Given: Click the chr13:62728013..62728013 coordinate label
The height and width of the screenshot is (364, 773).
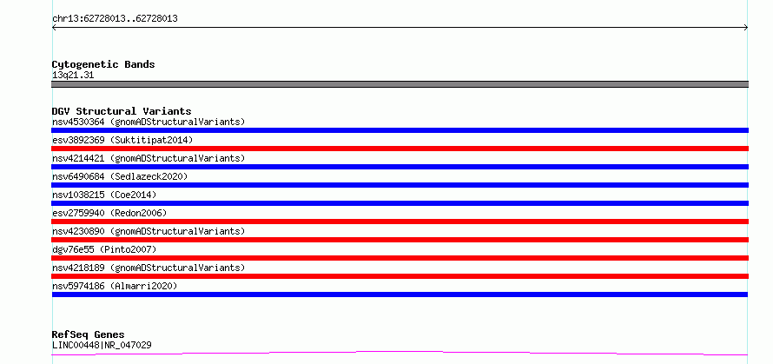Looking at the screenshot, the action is coord(115,19).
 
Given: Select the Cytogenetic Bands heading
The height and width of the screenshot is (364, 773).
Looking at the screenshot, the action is coord(103,64).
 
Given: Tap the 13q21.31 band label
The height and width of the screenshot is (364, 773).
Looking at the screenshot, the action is coord(73,76).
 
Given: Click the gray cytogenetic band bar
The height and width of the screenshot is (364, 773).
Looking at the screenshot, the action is coord(400,84).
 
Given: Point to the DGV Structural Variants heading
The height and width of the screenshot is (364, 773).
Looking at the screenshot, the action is coord(122,111).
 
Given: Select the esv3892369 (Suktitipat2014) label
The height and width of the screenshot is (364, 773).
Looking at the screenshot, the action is coord(122,140).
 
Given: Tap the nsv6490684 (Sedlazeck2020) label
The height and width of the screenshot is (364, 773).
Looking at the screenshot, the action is coord(120,176).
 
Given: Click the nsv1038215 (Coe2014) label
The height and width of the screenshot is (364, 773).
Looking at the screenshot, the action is coord(104,195).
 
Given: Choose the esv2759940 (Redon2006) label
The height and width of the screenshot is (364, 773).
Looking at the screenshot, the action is coord(109,213).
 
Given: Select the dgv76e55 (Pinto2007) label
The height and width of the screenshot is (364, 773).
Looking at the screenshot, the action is coord(104,249).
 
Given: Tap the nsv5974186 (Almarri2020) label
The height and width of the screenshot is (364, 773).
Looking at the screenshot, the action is coord(115,286).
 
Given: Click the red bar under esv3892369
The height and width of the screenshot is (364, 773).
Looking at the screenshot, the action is coord(400,149).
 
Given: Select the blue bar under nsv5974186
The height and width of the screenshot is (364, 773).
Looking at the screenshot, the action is coord(400,295).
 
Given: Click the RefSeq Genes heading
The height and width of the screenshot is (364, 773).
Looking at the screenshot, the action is coord(89,334).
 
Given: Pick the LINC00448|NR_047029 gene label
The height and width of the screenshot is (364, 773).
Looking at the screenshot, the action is coord(102,345).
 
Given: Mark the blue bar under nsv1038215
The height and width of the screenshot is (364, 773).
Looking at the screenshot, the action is coord(400,203).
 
